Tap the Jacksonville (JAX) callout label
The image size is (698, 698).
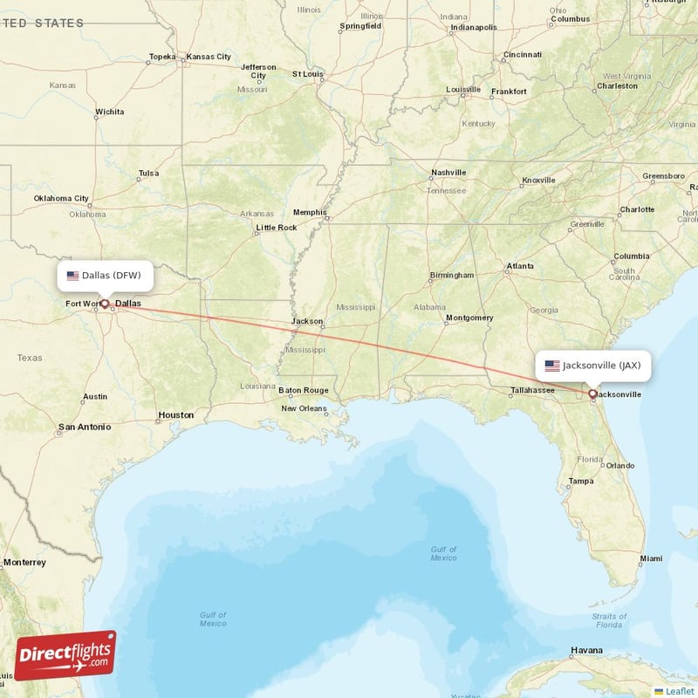click(x=594, y=366)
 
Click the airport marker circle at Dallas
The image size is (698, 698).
click(x=105, y=305)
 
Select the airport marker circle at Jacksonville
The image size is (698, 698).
click(x=592, y=393)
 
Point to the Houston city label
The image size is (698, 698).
click(x=175, y=414)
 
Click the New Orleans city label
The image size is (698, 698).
click(x=304, y=407)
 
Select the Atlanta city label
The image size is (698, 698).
click(x=520, y=265)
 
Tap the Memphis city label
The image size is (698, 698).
click(x=309, y=212)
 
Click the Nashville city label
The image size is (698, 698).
click(x=448, y=173)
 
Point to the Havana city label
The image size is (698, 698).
click(x=586, y=650)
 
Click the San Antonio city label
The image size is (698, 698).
click(x=84, y=428)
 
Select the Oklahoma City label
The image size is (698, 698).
click(x=61, y=198)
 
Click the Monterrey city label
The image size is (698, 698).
click(x=24, y=563)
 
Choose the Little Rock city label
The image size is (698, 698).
click(x=276, y=228)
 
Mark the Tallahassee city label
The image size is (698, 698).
click(x=532, y=390)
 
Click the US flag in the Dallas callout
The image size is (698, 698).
click(x=72, y=276)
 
